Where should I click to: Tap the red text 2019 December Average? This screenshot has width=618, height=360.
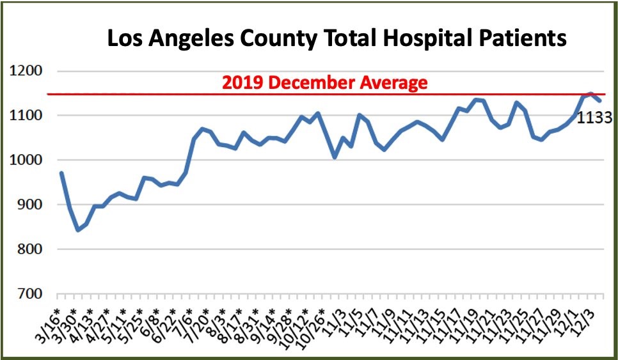point(324,82)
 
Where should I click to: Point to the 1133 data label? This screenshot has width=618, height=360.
point(595,118)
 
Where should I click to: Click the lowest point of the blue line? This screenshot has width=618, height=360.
point(78,230)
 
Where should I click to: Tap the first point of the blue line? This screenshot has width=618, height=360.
point(61,173)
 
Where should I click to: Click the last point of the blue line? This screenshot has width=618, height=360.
point(599,100)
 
